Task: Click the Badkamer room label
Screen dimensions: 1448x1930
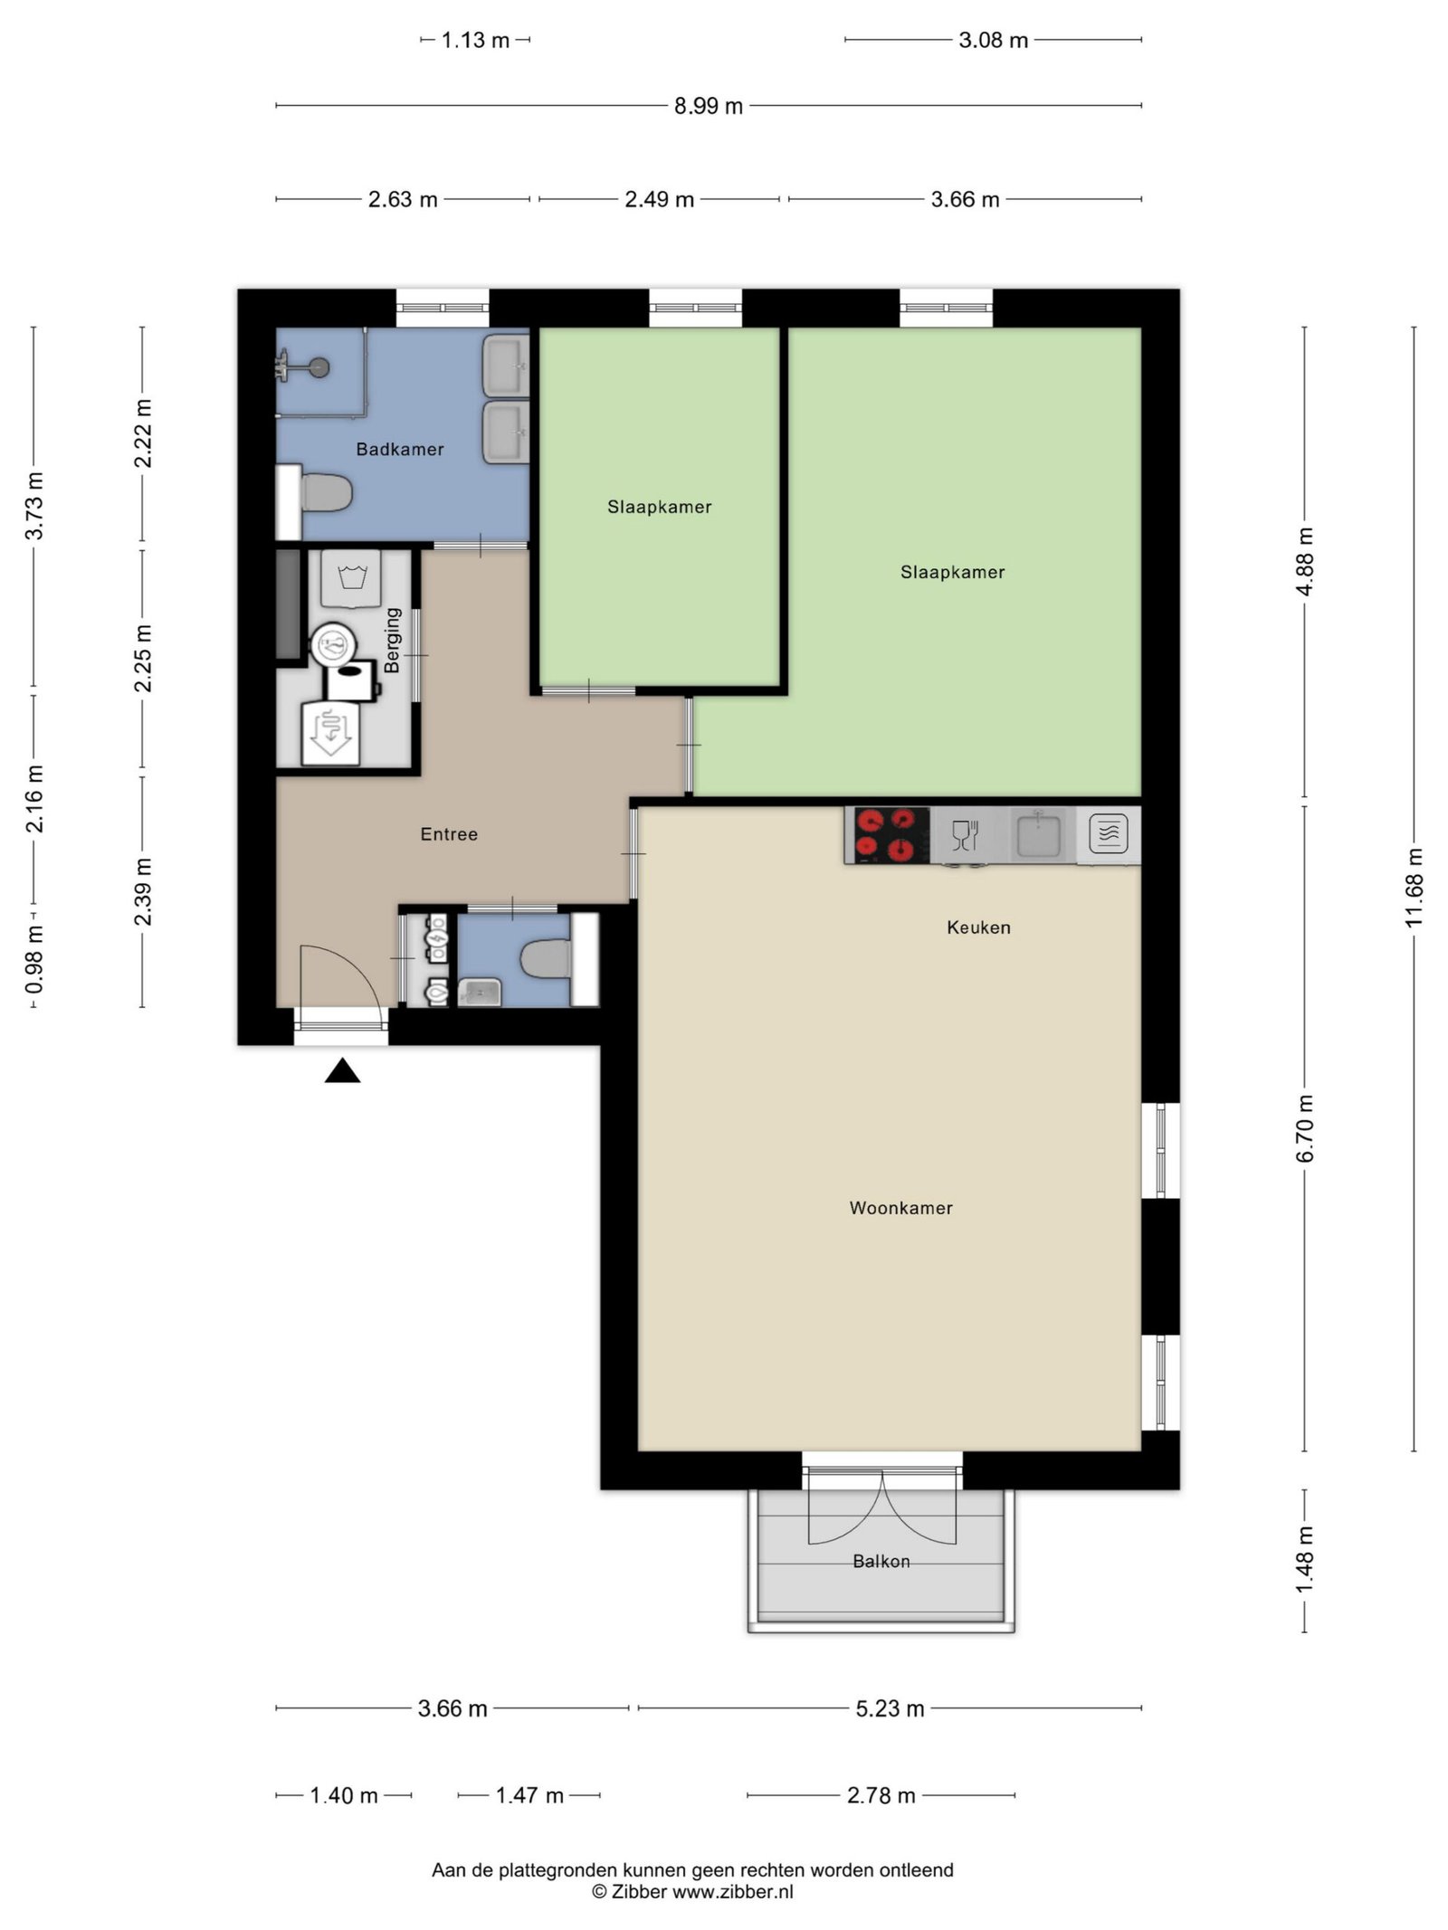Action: click(399, 449)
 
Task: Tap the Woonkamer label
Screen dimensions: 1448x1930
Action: click(900, 1208)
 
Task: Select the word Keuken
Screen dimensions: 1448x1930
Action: click(978, 927)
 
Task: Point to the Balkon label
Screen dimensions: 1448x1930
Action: click(881, 1561)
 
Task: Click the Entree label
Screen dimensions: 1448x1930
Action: click(449, 834)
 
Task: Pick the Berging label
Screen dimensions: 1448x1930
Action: click(392, 640)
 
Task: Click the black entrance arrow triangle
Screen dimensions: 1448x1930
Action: click(343, 1071)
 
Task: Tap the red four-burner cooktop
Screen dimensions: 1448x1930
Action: click(887, 834)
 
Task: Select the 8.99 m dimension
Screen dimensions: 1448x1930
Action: click(709, 106)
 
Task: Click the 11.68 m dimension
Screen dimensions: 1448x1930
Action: click(1414, 888)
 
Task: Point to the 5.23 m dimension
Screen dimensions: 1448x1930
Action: click(890, 1708)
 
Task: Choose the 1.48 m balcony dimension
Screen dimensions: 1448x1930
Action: click(1304, 1560)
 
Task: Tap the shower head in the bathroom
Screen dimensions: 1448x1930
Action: click(317, 367)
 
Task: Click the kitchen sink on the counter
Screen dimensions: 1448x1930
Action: click(1038, 834)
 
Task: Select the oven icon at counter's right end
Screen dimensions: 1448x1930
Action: click(1109, 833)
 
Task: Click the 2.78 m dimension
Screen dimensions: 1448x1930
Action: click(881, 1795)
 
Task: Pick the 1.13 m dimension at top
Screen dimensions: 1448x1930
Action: click(475, 40)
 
